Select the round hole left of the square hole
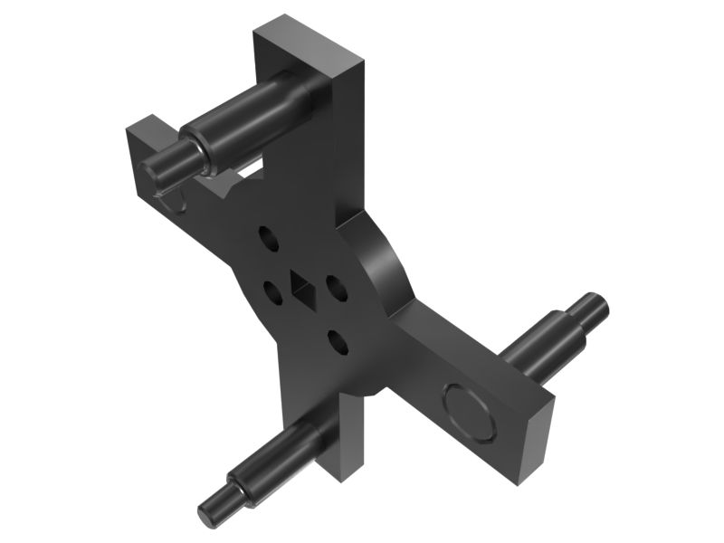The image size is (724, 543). (271, 292)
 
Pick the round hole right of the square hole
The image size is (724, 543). (336, 289)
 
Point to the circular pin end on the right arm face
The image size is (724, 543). (469, 411)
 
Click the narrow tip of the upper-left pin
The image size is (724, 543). (164, 164)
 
